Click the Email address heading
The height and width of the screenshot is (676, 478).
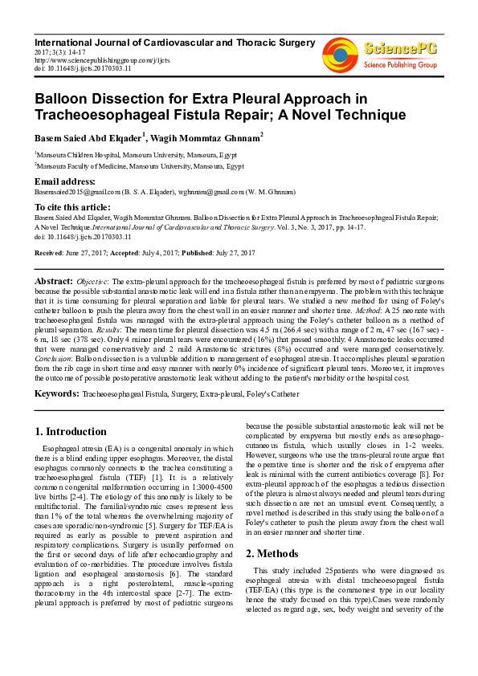pos(65,181)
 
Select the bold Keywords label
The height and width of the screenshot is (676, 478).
pos(56,394)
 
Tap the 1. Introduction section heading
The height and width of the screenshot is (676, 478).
pos(71,431)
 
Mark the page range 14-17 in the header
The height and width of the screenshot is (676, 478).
pos(71,51)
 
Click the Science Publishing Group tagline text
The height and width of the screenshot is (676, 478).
pos(400,64)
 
